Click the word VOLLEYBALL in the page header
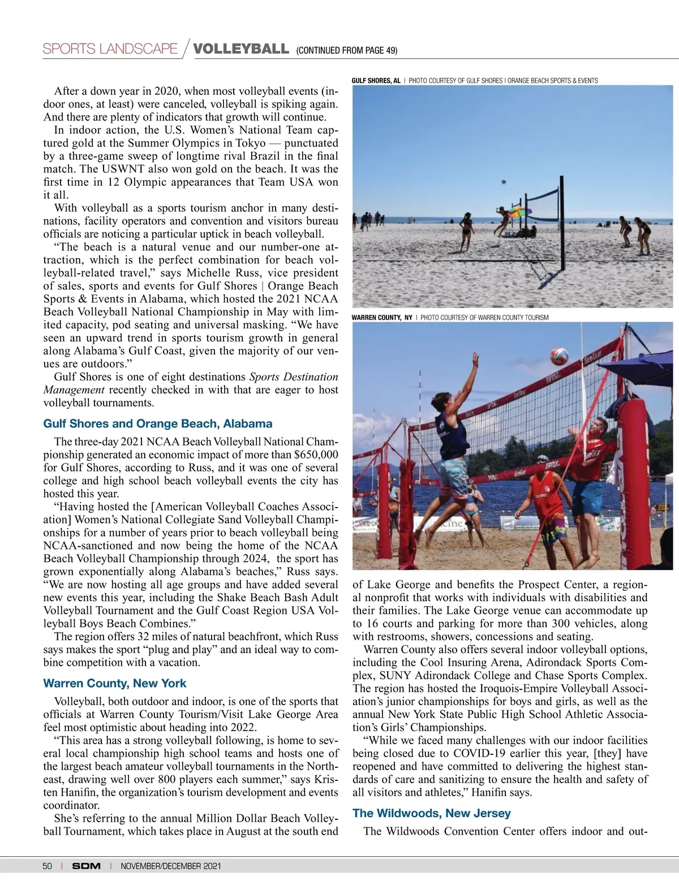(241, 49)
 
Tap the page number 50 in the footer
(47, 866)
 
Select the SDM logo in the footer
(86, 866)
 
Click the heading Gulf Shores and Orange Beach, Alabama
(157, 423)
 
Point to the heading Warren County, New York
(114, 683)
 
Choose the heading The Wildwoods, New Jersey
(431, 813)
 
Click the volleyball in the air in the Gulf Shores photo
(503, 182)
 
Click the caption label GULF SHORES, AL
(376, 80)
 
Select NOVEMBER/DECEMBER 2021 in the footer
(170, 866)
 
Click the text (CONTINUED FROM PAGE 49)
(346, 51)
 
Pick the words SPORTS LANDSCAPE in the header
(110, 49)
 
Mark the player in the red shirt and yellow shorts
(545, 512)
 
